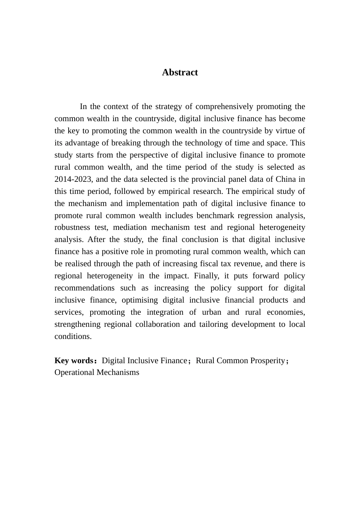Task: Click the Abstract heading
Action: point(180,72)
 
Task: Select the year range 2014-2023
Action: point(74,179)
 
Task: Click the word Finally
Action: point(207,276)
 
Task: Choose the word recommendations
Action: point(85,288)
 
